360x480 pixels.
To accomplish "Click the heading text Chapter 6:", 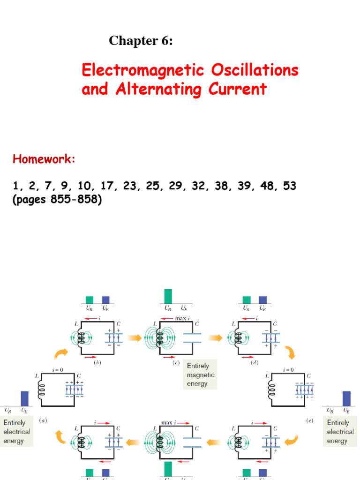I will click(x=141, y=41).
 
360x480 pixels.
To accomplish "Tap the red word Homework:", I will click(x=44, y=159).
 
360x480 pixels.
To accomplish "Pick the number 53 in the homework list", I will click(x=289, y=186).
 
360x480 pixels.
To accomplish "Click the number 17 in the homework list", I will click(x=107, y=186).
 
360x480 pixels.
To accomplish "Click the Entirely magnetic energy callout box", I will click(x=200, y=375).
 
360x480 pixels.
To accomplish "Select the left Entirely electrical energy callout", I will click(x=16, y=432).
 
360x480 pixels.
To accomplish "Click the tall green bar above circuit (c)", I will click(x=168, y=296).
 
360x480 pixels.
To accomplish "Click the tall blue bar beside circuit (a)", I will click(x=24, y=398).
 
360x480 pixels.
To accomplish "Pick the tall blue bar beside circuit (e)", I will click(x=346, y=398).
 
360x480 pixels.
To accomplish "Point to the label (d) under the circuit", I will click(x=256, y=363).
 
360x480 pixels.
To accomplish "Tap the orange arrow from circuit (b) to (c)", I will click(x=135, y=337).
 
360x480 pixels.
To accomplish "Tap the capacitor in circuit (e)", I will click(x=304, y=389).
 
